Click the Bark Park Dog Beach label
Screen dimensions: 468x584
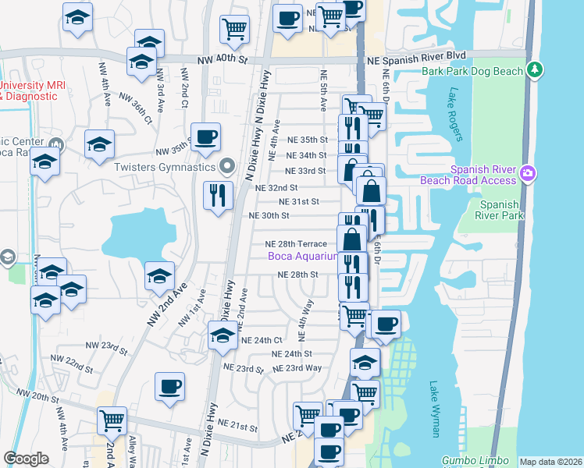pos(472,72)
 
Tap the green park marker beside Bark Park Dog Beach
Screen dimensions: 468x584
pos(535,70)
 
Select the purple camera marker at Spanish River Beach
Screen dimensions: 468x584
pos(528,172)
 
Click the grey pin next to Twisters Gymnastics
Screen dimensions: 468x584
pos(227,165)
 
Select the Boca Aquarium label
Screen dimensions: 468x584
pos(302,256)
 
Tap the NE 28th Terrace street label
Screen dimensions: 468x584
pos(296,244)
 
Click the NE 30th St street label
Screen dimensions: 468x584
pos(269,216)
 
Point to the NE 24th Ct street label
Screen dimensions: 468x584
pos(262,341)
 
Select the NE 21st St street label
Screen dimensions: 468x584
pos(238,425)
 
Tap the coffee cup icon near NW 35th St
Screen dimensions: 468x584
pos(205,137)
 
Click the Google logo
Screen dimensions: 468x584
pos(26,459)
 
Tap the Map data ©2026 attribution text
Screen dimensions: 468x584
pos(550,462)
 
